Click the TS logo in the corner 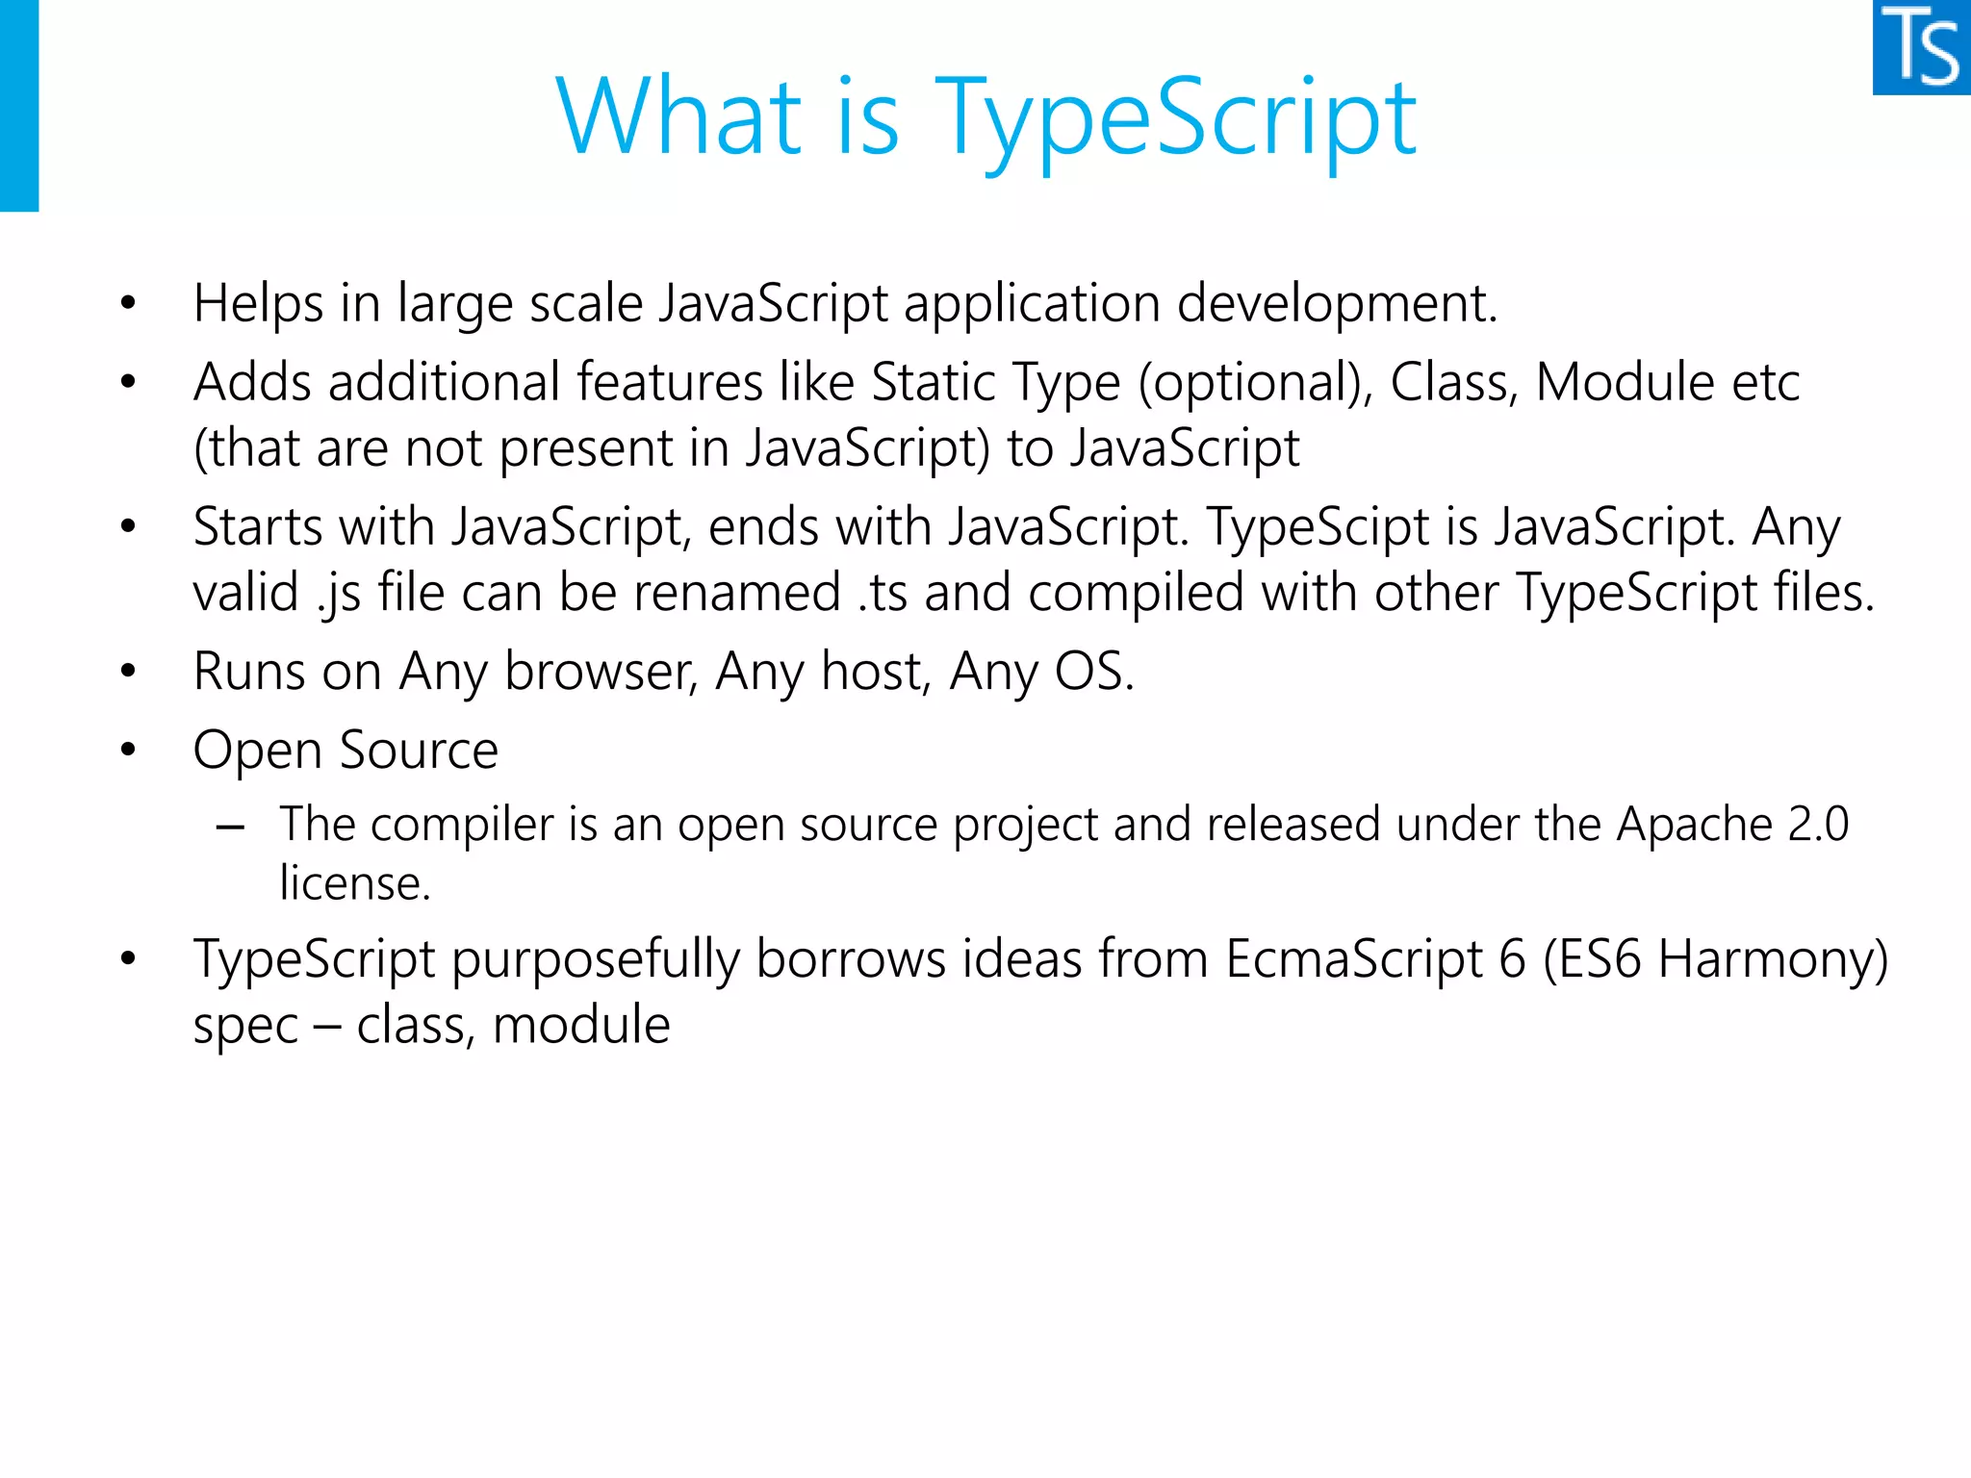[x=1921, y=47]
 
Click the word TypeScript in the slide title [x=1176, y=117]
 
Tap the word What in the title [x=678, y=117]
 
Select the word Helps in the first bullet [x=258, y=304]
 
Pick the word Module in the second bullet [x=1625, y=382]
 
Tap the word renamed [x=737, y=593]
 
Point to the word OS [x=1094, y=672]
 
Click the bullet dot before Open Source [x=128, y=750]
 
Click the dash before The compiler [x=231, y=827]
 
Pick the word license [x=354, y=883]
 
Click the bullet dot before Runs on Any [x=128, y=671]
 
